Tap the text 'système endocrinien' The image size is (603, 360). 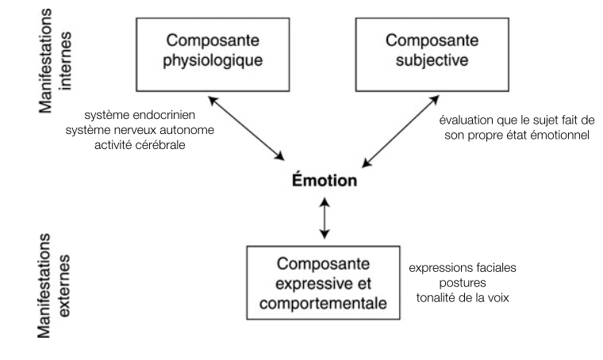[x=152, y=116]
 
